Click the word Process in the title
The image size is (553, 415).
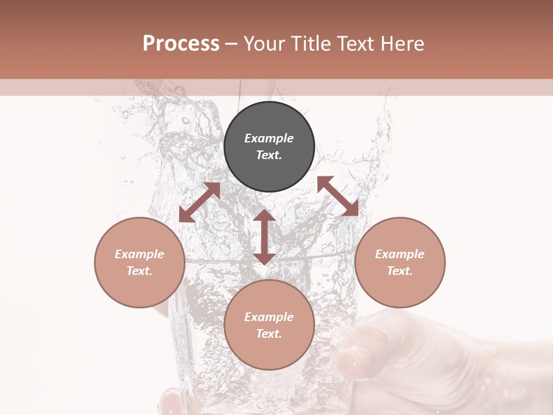tap(181, 44)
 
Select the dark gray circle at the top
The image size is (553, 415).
tap(269, 146)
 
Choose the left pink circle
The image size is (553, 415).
tap(139, 262)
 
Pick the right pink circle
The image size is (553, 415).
tap(400, 262)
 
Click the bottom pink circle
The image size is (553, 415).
tap(269, 325)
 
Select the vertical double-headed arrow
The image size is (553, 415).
tap(264, 237)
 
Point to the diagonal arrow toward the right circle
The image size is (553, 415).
tap(338, 196)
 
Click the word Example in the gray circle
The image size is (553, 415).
tap(269, 138)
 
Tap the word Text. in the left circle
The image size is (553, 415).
tap(139, 271)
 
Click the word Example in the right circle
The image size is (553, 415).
tap(400, 254)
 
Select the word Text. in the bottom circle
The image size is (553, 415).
tap(269, 334)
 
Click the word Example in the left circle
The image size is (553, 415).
tap(139, 254)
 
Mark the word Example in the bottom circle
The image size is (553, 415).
tap(269, 317)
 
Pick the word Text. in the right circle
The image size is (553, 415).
tap(400, 271)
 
